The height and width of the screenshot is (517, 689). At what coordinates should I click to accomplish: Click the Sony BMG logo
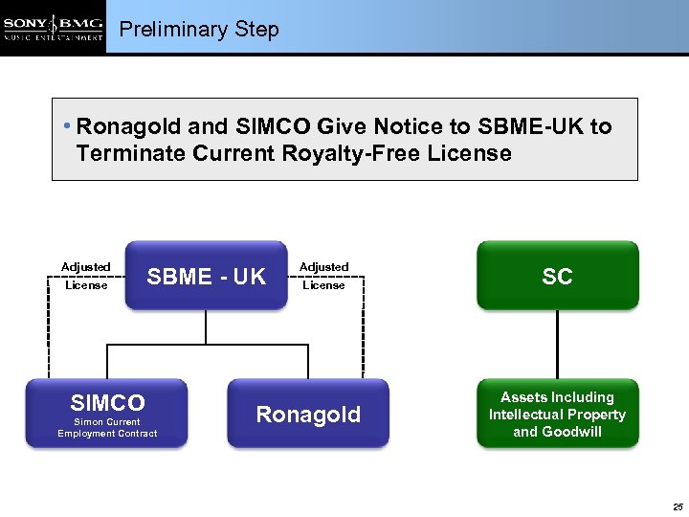click(53, 27)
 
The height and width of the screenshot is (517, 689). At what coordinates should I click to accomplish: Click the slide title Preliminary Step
click(199, 30)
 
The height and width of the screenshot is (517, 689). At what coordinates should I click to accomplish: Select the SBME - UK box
click(206, 276)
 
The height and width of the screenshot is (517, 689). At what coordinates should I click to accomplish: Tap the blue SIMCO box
click(106, 413)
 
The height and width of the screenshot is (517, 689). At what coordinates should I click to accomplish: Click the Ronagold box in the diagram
click(308, 414)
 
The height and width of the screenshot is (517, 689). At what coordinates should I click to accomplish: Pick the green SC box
click(557, 276)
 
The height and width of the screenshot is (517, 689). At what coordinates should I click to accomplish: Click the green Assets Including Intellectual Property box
click(557, 414)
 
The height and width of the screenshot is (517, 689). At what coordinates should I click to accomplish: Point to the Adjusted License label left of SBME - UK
click(86, 276)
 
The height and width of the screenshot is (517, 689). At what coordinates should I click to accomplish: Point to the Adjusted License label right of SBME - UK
click(323, 276)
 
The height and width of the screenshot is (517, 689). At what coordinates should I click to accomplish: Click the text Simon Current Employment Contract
click(106, 428)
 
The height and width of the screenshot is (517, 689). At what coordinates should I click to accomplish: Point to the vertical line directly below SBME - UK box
click(206, 327)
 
